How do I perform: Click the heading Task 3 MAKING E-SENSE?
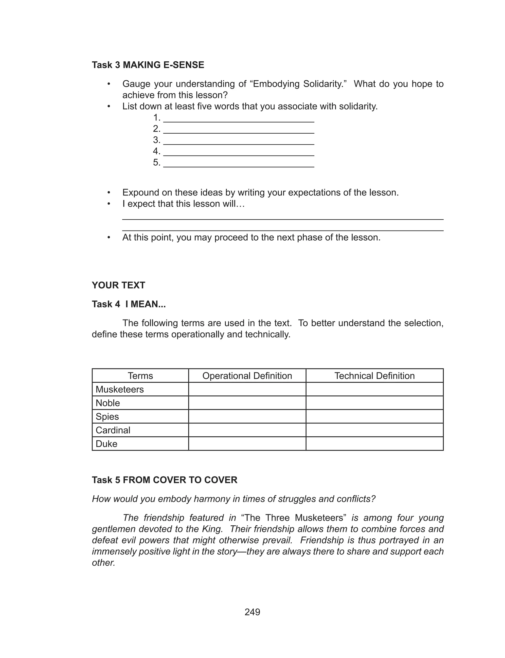pos(148,65)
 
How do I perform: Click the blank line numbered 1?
pos(239,119)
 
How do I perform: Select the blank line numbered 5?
pos(239,164)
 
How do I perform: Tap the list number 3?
pos(156,140)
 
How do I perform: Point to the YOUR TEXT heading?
pos(118,285)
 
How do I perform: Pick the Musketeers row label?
pos(120,389)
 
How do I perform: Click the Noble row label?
pos(108,403)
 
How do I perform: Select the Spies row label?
pos(107,416)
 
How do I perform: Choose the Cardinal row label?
pos(113,430)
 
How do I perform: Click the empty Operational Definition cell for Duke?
pos(247,444)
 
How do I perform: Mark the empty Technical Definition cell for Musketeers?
pos(375,389)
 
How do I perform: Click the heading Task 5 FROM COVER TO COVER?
pos(164,480)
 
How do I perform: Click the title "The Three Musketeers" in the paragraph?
pos(294,518)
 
